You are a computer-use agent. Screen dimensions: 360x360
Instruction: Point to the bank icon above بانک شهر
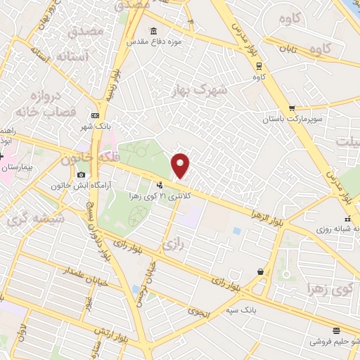tap(96, 116)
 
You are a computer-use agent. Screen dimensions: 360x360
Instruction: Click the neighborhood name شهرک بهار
tap(201, 91)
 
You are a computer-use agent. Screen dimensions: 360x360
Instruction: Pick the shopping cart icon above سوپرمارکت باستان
tap(292, 108)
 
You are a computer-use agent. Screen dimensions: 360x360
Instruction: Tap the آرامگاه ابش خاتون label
tap(78, 186)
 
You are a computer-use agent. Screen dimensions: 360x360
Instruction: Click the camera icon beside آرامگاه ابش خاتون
tap(81, 174)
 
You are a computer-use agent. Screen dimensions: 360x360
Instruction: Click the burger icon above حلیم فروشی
tap(336, 330)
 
